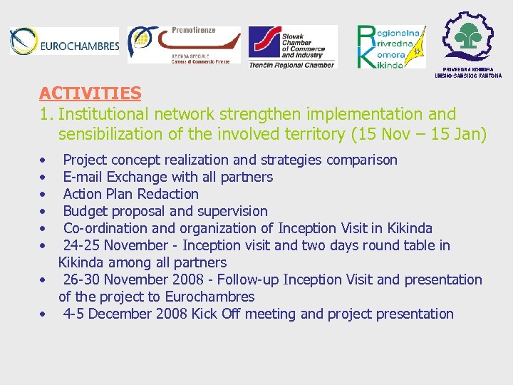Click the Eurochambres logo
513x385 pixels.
click(65, 43)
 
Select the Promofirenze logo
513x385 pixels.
click(184, 45)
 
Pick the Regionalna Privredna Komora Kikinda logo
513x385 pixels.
click(390, 47)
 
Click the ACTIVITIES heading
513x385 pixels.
click(90, 93)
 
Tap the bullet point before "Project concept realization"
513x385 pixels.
click(44, 160)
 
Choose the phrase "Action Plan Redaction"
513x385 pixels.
click(131, 194)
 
